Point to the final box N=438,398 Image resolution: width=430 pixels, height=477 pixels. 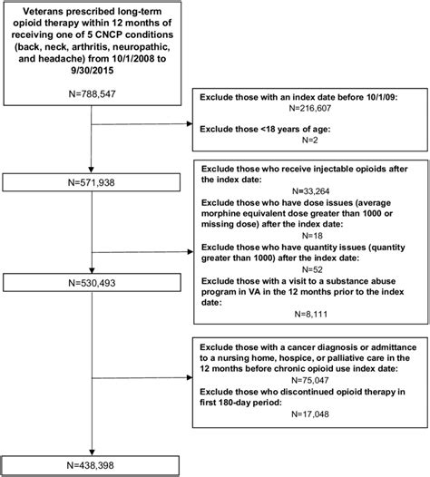(93, 460)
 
